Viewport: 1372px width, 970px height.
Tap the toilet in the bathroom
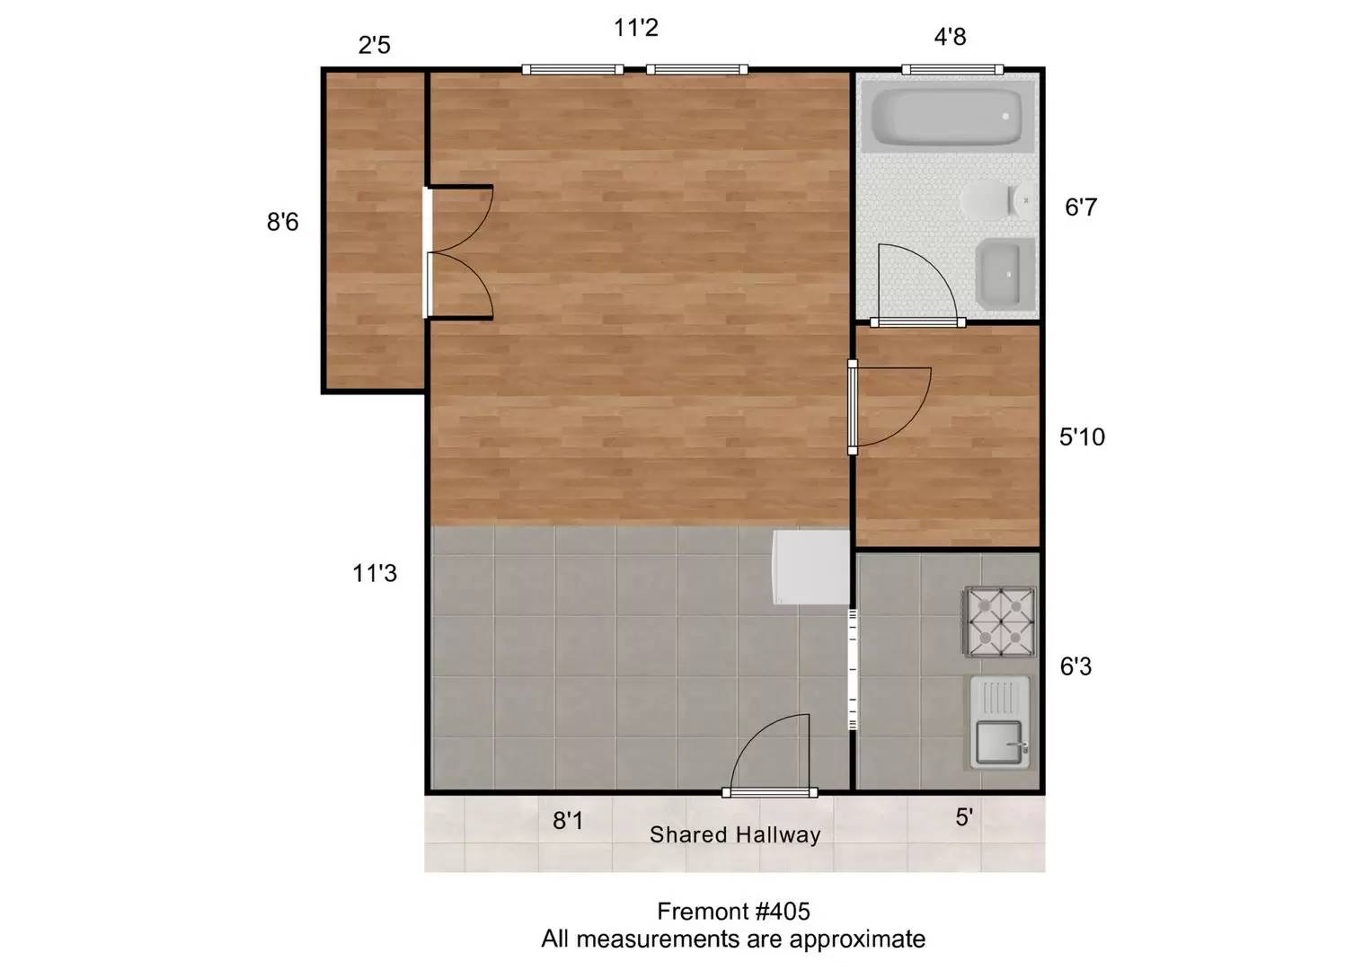tap(998, 200)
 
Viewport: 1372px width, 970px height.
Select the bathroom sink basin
tap(1005, 274)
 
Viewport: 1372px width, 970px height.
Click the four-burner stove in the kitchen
tap(1000, 622)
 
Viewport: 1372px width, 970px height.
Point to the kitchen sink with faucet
tap(1000, 722)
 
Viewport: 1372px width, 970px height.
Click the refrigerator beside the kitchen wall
tap(811, 567)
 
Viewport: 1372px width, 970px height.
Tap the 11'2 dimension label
tap(636, 28)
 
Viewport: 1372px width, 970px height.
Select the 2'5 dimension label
tap(375, 45)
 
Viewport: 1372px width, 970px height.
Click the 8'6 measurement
tap(282, 222)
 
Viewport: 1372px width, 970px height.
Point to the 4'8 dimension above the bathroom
tap(950, 37)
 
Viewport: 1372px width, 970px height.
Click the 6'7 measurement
tap(1081, 207)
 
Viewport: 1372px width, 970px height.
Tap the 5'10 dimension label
tap(1083, 436)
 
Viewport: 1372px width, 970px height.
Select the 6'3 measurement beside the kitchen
tap(1075, 666)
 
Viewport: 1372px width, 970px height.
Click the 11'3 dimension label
tap(375, 573)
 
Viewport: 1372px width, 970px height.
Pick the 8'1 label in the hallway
tap(568, 821)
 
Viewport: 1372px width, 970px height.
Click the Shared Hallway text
tap(735, 834)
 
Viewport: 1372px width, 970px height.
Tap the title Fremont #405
tap(733, 912)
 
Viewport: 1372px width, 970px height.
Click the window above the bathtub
tap(952, 70)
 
